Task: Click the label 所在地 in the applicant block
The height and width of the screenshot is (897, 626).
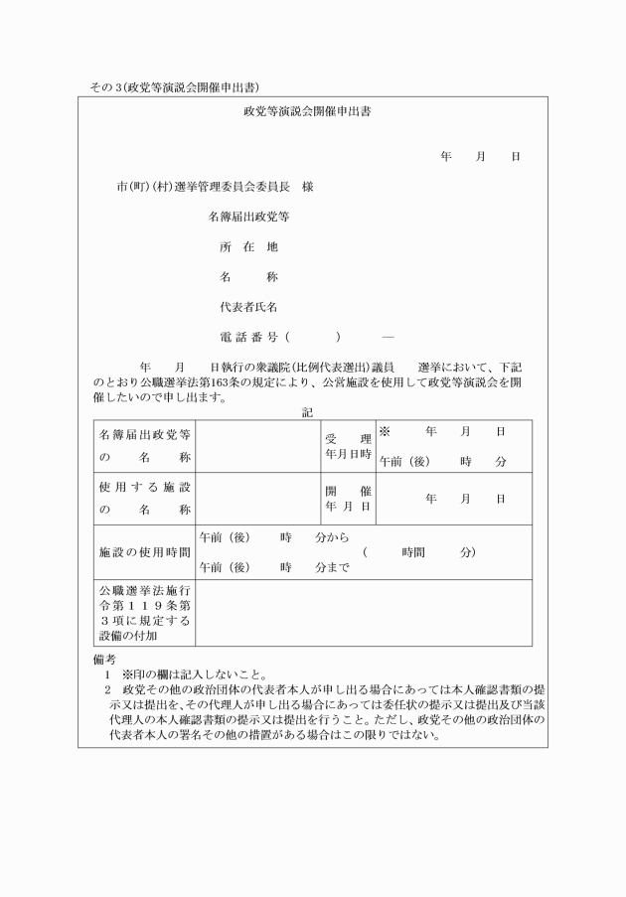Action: coord(248,246)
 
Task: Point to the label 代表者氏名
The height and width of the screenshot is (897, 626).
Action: coord(248,307)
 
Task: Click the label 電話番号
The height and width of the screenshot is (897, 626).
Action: coord(250,338)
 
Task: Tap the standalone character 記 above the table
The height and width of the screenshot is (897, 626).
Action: coord(308,412)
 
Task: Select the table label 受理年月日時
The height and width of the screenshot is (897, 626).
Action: coord(348,445)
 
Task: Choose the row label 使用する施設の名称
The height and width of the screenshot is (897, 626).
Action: coord(144,498)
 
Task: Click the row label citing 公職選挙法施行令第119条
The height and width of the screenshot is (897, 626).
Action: coord(144,612)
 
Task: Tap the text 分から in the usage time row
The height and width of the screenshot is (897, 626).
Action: coord(331,537)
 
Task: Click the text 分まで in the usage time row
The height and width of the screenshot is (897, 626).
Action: coord(331,568)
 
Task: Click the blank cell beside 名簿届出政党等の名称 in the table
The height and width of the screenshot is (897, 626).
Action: coord(257,445)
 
